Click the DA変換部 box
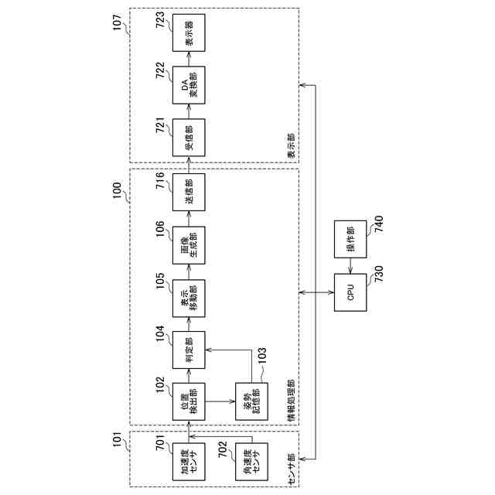(189, 87)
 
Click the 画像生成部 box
(189, 242)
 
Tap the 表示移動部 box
(189, 294)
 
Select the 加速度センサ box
(189, 462)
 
